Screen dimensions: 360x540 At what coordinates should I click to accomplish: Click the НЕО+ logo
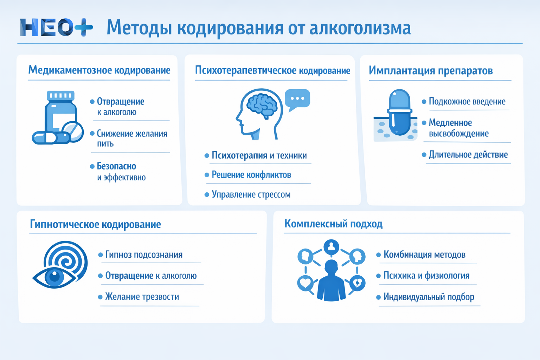click(x=56, y=27)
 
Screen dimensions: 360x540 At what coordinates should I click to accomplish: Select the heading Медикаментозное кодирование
click(x=99, y=70)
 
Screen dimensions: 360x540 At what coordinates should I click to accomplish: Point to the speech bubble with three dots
click(x=297, y=99)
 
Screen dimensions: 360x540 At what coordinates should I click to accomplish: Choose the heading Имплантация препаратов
click(x=431, y=71)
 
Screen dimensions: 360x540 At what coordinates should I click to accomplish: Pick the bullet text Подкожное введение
click(x=467, y=102)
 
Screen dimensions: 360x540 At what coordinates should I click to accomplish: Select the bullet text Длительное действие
click(x=468, y=155)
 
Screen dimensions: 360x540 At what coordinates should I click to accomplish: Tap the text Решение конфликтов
click(x=251, y=175)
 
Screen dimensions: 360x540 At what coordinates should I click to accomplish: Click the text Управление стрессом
click(x=251, y=194)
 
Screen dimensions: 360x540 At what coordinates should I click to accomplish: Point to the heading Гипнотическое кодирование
click(x=95, y=224)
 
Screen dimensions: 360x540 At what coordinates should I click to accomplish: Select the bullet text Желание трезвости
click(x=142, y=297)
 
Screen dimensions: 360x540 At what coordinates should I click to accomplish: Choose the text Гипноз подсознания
click(x=144, y=255)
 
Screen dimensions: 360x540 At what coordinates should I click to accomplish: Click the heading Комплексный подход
click(x=333, y=224)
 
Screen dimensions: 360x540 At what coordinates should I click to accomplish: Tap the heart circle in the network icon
click(x=305, y=283)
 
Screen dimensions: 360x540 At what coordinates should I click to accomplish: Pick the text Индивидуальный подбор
click(x=429, y=297)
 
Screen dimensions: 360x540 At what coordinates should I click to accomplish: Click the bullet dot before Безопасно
click(x=92, y=166)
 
